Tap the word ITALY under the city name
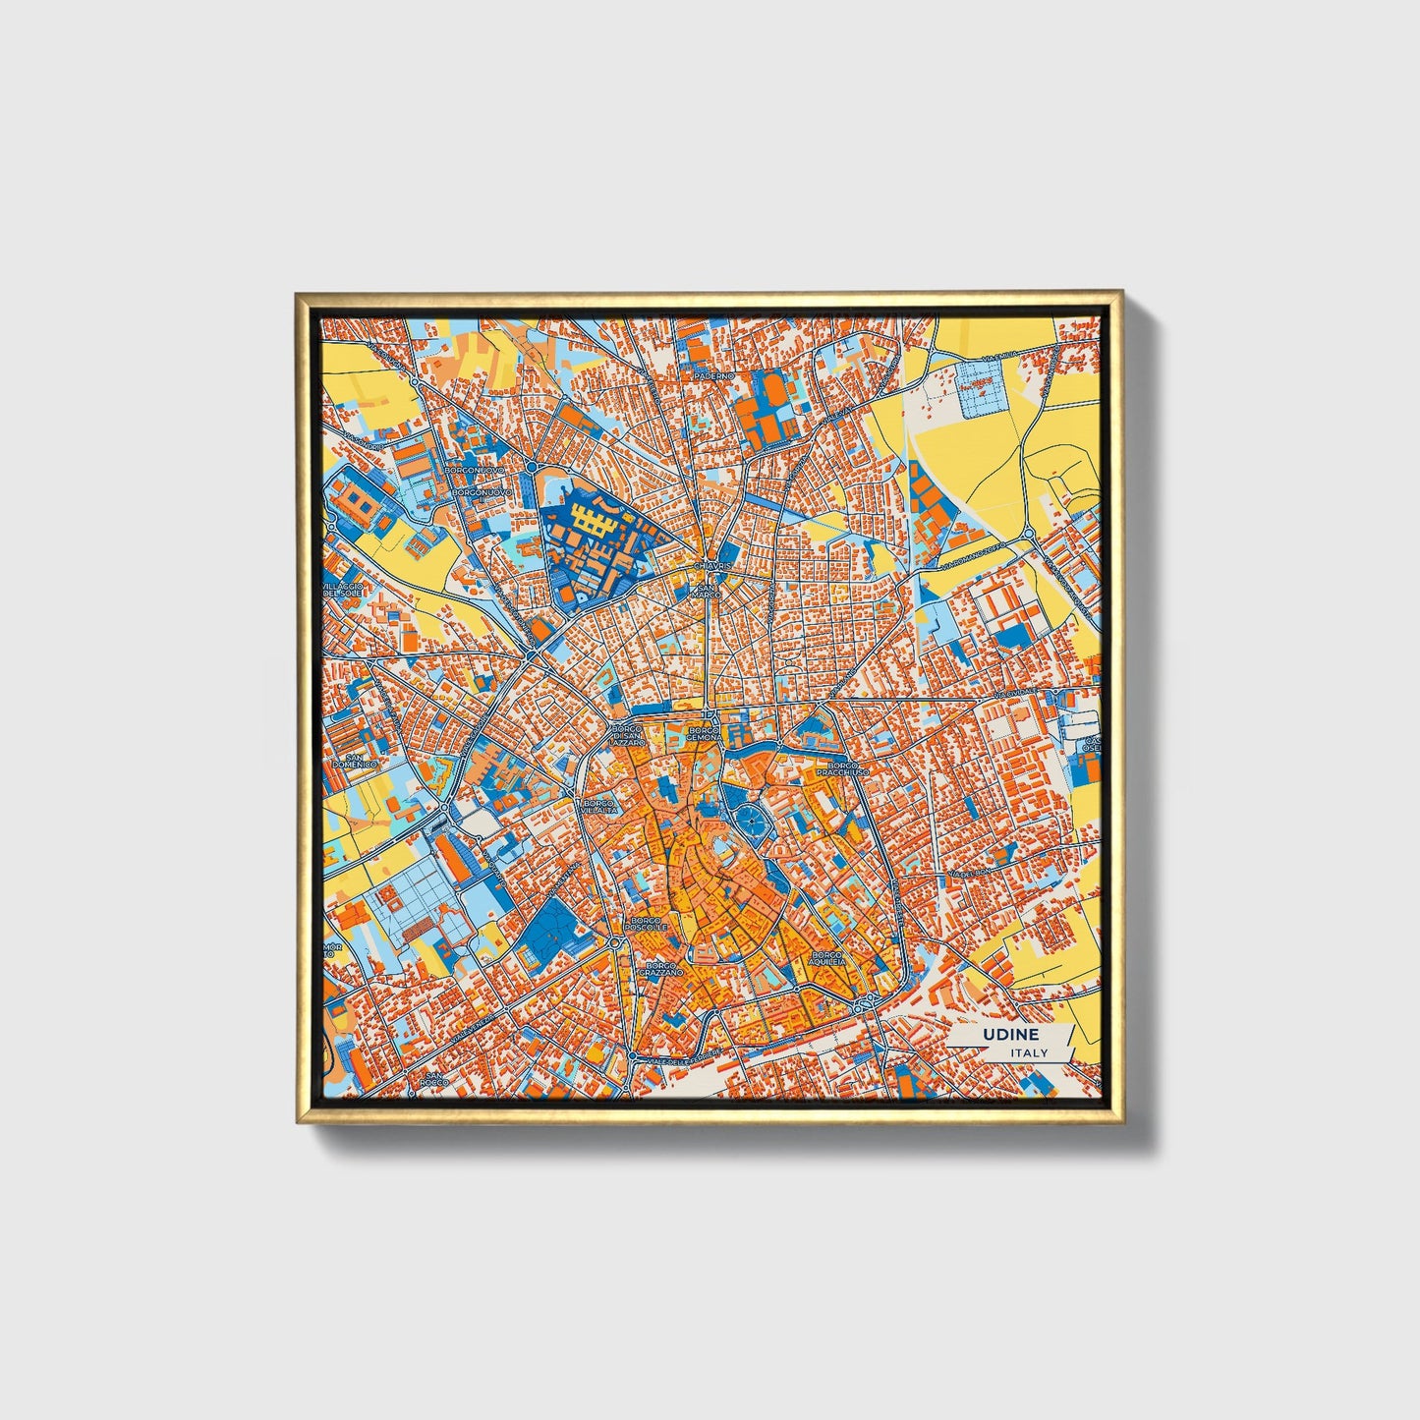(1028, 1052)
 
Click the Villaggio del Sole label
(343, 590)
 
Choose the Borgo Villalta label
(599, 806)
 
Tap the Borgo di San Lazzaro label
(627, 737)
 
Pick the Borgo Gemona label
(705, 734)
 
